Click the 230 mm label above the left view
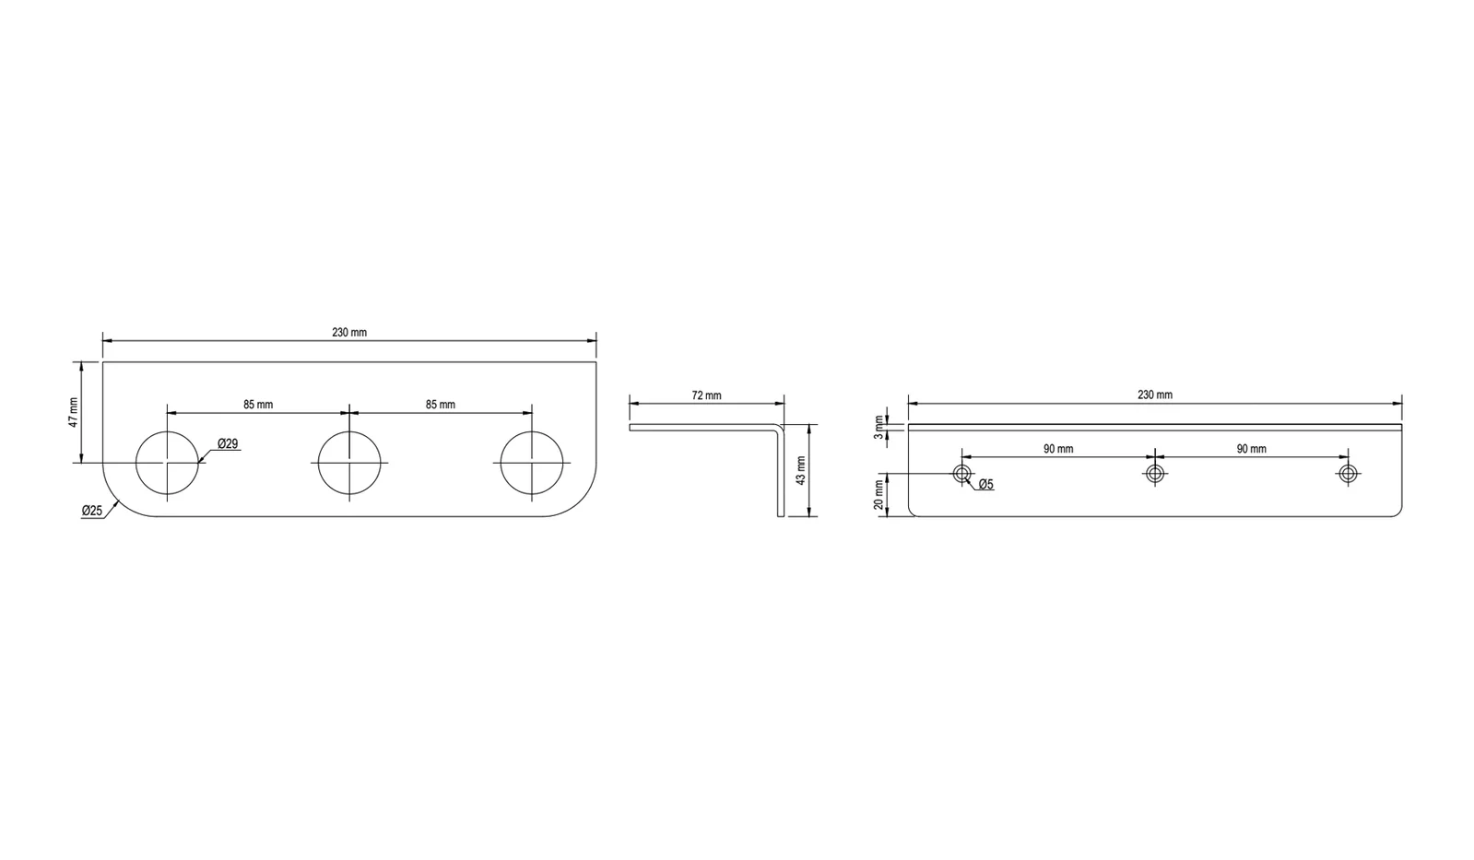pyautogui.click(x=349, y=332)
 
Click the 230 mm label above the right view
pyautogui.click(x=1155, y=395)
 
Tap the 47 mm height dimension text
pyautogui.click(x=74, y=413)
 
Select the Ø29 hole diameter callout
pyautogui.click(x=228, y=444)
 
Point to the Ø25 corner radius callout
pyautogui.click(x=92, y=511)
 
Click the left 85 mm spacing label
pyautogui.click(x=258, y=405)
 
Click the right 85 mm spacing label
pyautogui.click(x=441, y=405)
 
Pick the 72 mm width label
pyautogui.click(x=707, y=395)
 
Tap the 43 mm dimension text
pyautogui.click(x=801, y=470)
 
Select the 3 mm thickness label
pyautogui.click(x=879, y=427)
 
